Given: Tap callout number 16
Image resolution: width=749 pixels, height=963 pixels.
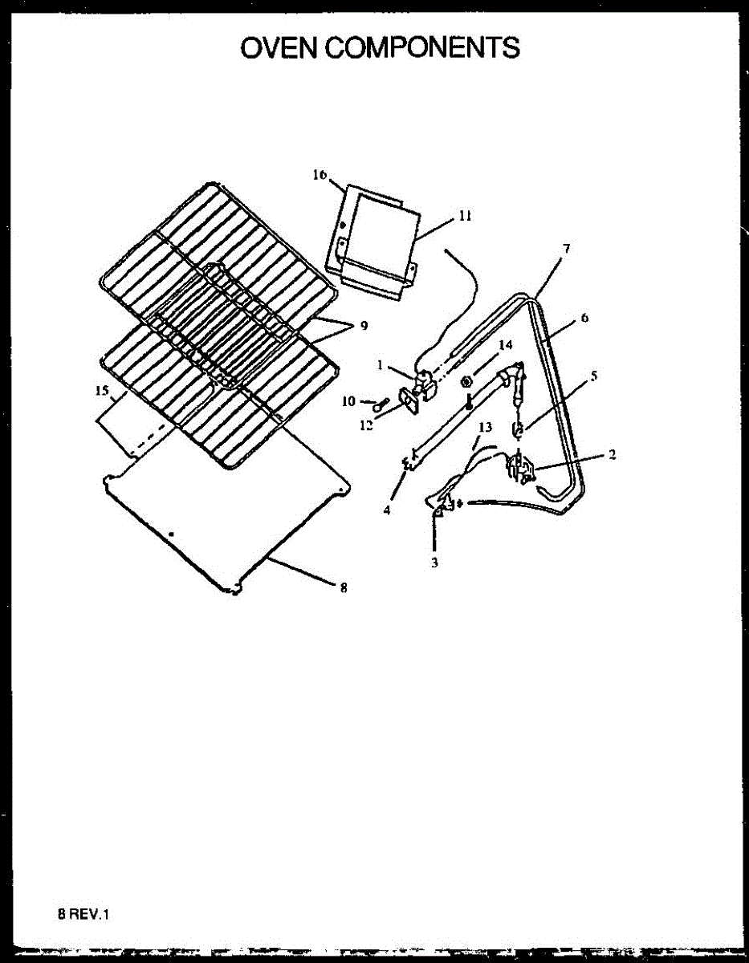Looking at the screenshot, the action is coord(320,176).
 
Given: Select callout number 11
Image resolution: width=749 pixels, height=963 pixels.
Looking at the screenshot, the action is coord(465,216).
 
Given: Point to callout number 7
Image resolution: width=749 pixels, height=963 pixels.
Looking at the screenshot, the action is coord(567,249).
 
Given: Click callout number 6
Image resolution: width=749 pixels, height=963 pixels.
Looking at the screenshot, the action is coord(584,318).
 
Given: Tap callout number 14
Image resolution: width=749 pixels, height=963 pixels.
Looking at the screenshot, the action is coord(504,344).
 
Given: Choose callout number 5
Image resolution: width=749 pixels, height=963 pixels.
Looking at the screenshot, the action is coord(592,374).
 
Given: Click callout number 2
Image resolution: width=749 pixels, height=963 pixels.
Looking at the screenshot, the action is coord(612,454).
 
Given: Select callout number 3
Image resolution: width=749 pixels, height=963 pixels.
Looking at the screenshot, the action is coord(434,563).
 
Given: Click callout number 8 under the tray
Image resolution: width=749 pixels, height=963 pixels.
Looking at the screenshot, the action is coord(343,587).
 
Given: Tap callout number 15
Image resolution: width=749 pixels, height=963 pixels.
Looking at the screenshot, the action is coord(100,391).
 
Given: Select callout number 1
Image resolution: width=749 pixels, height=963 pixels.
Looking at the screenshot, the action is coord(380,364).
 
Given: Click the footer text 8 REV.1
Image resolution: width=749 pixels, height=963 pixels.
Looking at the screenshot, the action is coord(82,914).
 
